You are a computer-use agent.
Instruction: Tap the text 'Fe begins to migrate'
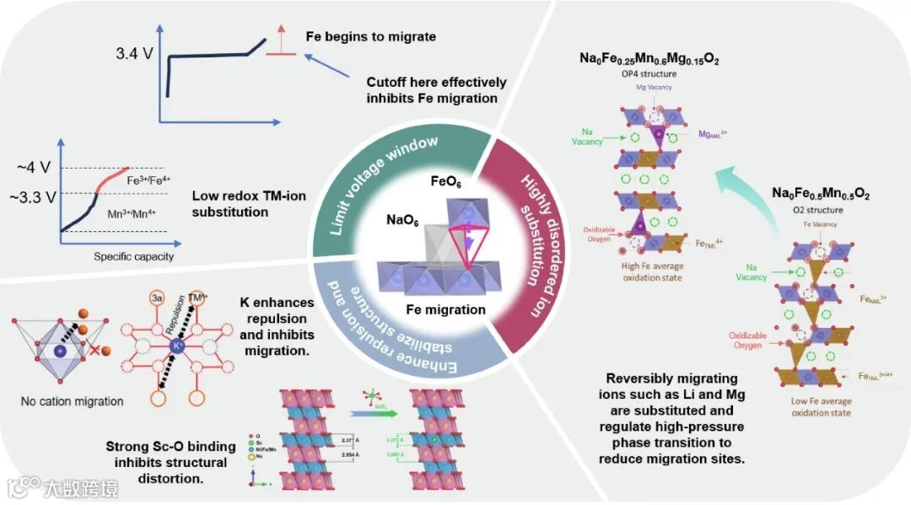point(370,37)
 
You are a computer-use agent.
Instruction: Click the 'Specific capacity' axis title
point(133,256)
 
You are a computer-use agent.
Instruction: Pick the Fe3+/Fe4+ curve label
point(149,180)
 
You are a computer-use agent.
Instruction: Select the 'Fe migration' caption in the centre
point(448,309)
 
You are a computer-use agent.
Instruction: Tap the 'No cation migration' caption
point(72,401)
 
